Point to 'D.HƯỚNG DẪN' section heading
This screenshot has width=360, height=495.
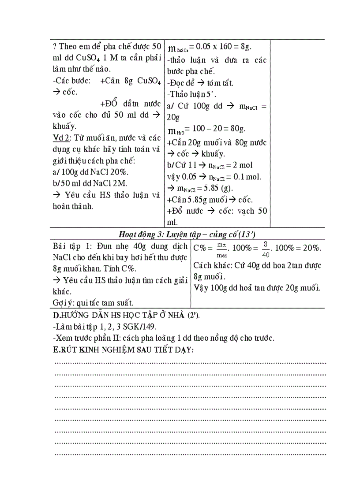[78, 316]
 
